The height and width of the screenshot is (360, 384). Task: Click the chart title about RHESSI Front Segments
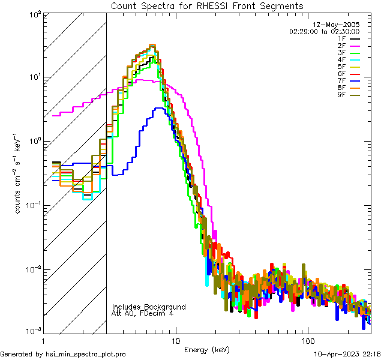(208, 5)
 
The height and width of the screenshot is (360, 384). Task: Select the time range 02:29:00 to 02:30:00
(325, 31)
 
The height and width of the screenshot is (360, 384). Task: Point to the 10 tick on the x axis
(176, 340)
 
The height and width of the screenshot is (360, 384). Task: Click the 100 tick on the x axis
(307, 340)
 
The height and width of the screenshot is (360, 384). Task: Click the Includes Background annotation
(149, 307)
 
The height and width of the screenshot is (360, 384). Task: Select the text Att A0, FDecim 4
(142, 313)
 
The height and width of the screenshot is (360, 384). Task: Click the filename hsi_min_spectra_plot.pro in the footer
(85, 355)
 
